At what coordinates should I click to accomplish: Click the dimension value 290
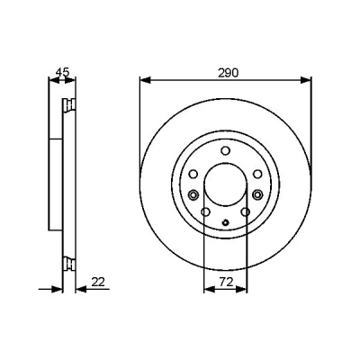(228, 73)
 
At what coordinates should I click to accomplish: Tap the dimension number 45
(63, 72)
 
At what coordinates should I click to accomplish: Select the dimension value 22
(98, 282)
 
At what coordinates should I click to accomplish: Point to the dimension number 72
(226, 282)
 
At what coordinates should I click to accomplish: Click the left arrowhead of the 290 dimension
(145, 80)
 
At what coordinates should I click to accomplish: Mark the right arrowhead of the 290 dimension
(306, 80)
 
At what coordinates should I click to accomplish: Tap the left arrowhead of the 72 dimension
(209, 289)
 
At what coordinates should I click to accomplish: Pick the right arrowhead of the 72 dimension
(242, 289)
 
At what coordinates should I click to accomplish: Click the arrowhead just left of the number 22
(81, 289)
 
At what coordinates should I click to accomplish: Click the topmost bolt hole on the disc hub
(225, 150)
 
